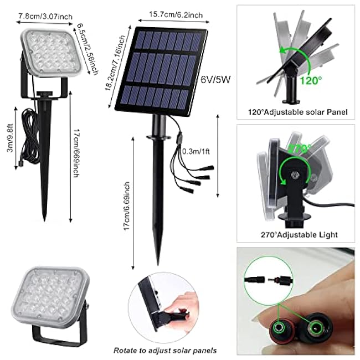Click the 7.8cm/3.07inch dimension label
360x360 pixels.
point(46,17)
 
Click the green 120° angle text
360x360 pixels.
point(310,80)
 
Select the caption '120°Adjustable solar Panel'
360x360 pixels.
point(298,112)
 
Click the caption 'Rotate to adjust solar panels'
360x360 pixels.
point(164,350)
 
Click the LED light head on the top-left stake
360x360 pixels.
point(49,54)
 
